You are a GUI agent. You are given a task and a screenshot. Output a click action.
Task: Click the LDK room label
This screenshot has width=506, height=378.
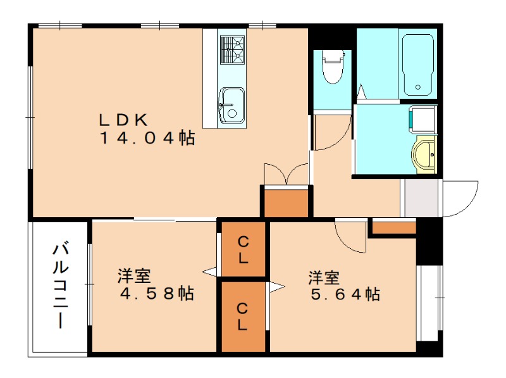point(124,119)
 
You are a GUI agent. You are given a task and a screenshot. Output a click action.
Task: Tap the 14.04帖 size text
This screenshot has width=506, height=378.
point(146,139)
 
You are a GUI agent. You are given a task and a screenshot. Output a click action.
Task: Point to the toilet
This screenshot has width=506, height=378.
point(332,68)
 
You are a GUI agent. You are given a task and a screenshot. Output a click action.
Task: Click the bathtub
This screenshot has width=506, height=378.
point(417,63)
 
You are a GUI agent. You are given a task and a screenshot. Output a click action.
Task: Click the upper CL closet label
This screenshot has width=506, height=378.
point(243,249)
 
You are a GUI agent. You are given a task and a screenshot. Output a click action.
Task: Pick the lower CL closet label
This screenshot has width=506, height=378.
point(243,317)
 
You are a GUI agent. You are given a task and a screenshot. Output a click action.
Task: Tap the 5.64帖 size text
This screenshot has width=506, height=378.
point(345,294)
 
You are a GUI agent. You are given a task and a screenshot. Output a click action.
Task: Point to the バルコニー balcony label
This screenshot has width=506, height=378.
point(59,285)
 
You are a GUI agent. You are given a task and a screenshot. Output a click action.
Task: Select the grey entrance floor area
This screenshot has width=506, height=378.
point(421,198)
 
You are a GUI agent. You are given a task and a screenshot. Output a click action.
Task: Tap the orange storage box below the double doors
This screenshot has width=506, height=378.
point(287,203)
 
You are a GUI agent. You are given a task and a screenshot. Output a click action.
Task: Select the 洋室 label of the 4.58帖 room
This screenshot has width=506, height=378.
point(133,277)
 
